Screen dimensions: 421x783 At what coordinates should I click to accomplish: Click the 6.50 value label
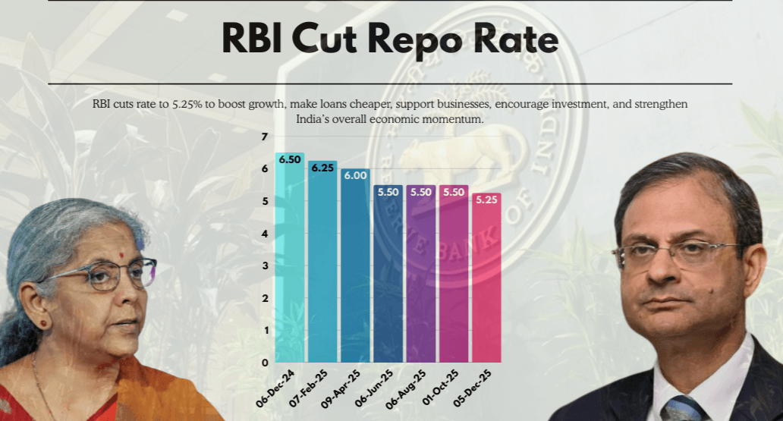(x=290, y=160)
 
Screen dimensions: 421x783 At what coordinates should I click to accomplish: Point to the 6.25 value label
(x=322, y=168)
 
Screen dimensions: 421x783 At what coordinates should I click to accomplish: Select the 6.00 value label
(x=355, y=175)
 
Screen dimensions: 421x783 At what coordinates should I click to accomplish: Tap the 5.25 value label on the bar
(x=486, y=200)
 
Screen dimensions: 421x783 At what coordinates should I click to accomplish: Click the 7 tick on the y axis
(x=265, y=137)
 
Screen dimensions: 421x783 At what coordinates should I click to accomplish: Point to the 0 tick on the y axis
(x=265, y=363)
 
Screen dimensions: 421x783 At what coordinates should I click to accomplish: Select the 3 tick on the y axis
(x=265, y=265)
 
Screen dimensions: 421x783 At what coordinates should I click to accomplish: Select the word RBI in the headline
(x=255, y=39)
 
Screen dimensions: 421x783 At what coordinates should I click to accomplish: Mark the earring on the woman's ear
(x=43, y=323)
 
